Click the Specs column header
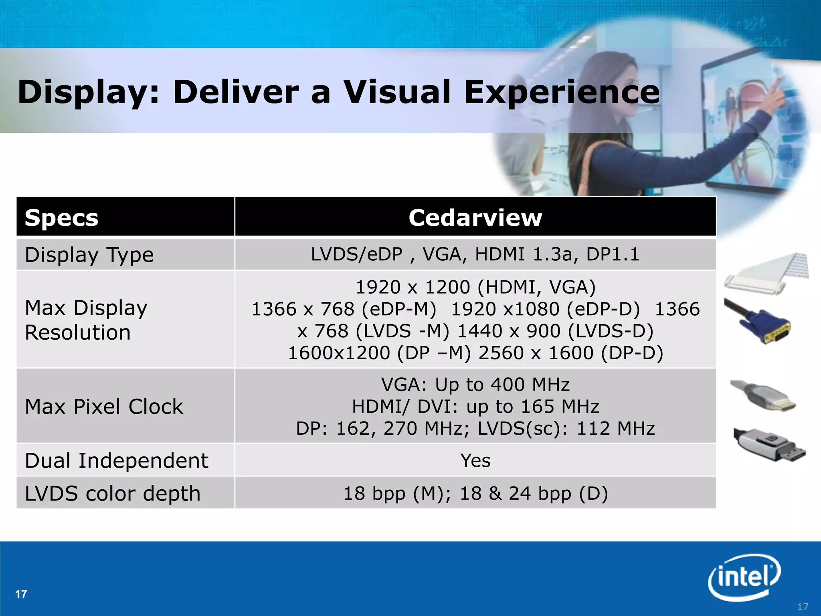tap(61, 218)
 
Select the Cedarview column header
tap(475, 218)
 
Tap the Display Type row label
tap(89, 255)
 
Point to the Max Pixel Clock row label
tap(104, 407)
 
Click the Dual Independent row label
tap(116, 460)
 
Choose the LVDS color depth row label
tap(113, 493)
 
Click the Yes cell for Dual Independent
tap(475, 460)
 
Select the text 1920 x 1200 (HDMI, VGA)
tap(475, 287)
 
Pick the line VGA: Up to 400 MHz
tap(475, 385)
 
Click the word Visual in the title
tap(397, 92)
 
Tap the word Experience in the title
tap(561, 92)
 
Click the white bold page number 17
tap(21, 594)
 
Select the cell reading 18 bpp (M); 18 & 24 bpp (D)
tap(475, 493)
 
